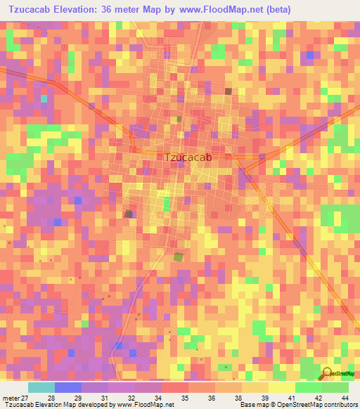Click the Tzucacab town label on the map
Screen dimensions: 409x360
point(188,158)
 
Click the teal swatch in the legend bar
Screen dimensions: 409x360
point(41,387)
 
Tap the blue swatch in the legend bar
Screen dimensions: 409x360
point(68,387)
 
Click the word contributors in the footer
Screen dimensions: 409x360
point(340,405)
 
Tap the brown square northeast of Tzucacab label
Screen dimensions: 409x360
point(228,91)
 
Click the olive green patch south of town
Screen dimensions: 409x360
point(179,257)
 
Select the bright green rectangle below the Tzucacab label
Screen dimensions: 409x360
point(167,204)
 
